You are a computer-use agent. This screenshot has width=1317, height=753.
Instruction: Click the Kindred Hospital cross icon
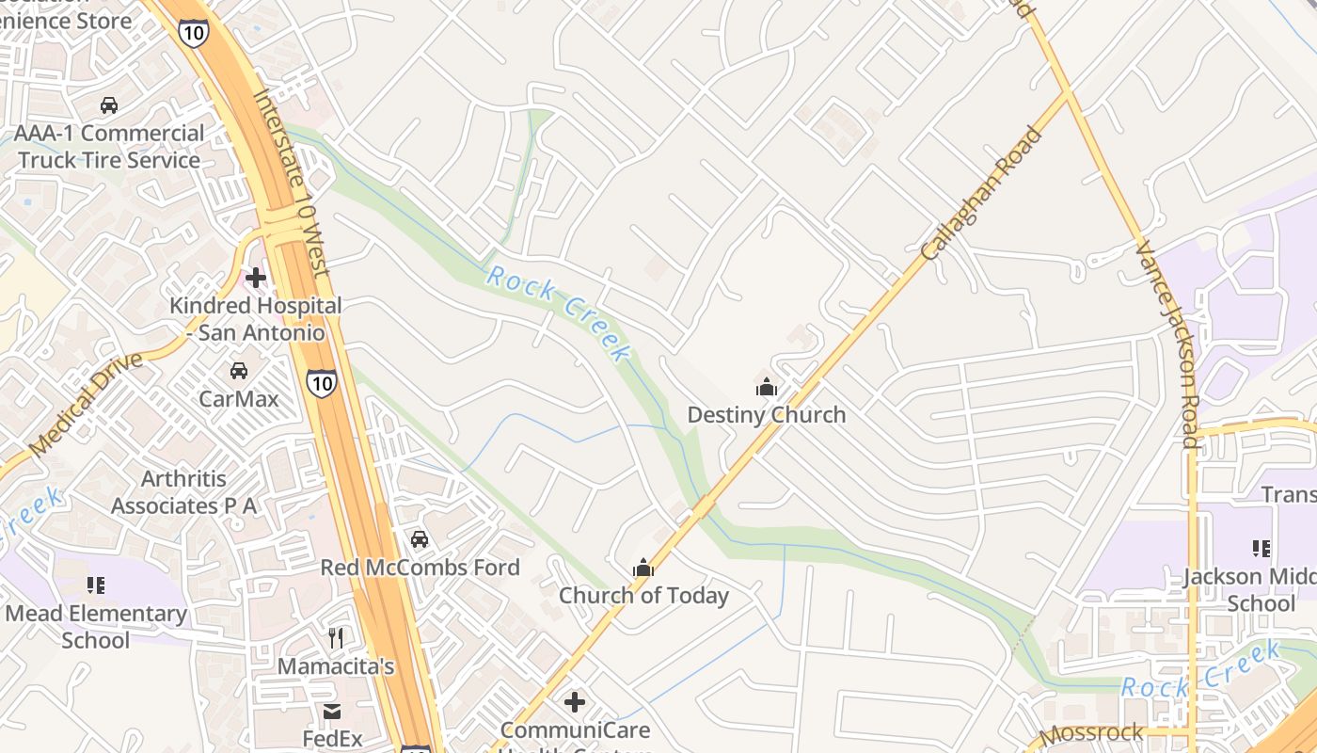[255, 278]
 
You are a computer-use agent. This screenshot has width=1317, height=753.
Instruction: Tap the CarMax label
[239, 398]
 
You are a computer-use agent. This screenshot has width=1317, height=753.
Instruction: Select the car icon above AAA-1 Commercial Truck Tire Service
[109, 105]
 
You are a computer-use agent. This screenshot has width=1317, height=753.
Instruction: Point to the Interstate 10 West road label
[292, 184]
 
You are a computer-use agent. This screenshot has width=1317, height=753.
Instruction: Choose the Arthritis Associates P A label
[184, 492]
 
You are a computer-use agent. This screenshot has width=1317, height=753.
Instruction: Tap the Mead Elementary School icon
[95, 585]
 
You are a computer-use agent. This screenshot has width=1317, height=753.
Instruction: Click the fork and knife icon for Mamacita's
[336, 638]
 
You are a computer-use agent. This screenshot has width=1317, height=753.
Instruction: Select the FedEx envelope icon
[332, 712]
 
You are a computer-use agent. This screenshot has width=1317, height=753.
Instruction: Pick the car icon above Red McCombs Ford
[420, 539]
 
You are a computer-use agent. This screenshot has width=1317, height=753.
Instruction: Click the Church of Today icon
[643, 568]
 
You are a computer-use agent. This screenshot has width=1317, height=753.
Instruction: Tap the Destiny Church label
[767, 415]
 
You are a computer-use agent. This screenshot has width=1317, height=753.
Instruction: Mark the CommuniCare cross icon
[575, 702]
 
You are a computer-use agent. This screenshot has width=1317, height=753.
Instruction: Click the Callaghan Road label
[983, 194]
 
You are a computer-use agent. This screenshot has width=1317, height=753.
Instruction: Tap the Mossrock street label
[1091, 732]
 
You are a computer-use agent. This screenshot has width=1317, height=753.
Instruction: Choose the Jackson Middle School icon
[1261, 548]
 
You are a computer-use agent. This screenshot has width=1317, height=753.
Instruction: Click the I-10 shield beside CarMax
[321, 382]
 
